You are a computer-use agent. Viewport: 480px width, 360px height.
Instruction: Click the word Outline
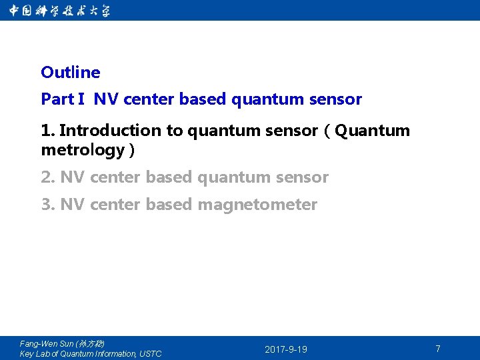pyautogui.click(x=70, y=72)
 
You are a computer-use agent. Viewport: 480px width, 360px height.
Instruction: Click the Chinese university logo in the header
pyautogui.click(x=60, y=11)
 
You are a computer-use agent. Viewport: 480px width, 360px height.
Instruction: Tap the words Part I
pyautogui.click(x=63, y=99)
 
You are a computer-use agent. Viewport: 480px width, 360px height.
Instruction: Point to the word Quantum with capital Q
pyautogui.click(x=373, y=131)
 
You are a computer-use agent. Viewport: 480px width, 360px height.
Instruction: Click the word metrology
pyautogui.click(x=83, y=150)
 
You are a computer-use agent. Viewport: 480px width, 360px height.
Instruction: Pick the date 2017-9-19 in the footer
pyautogui.click(x=286, y=349)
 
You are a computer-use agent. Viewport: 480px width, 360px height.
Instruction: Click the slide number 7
pyautogui.click(x=438, y=349)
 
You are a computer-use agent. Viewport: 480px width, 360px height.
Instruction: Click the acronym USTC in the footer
pyautogui.click(x=151, y=354)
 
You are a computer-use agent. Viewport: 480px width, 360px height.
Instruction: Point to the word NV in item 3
pyautogui.click(x=73, y=205)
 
